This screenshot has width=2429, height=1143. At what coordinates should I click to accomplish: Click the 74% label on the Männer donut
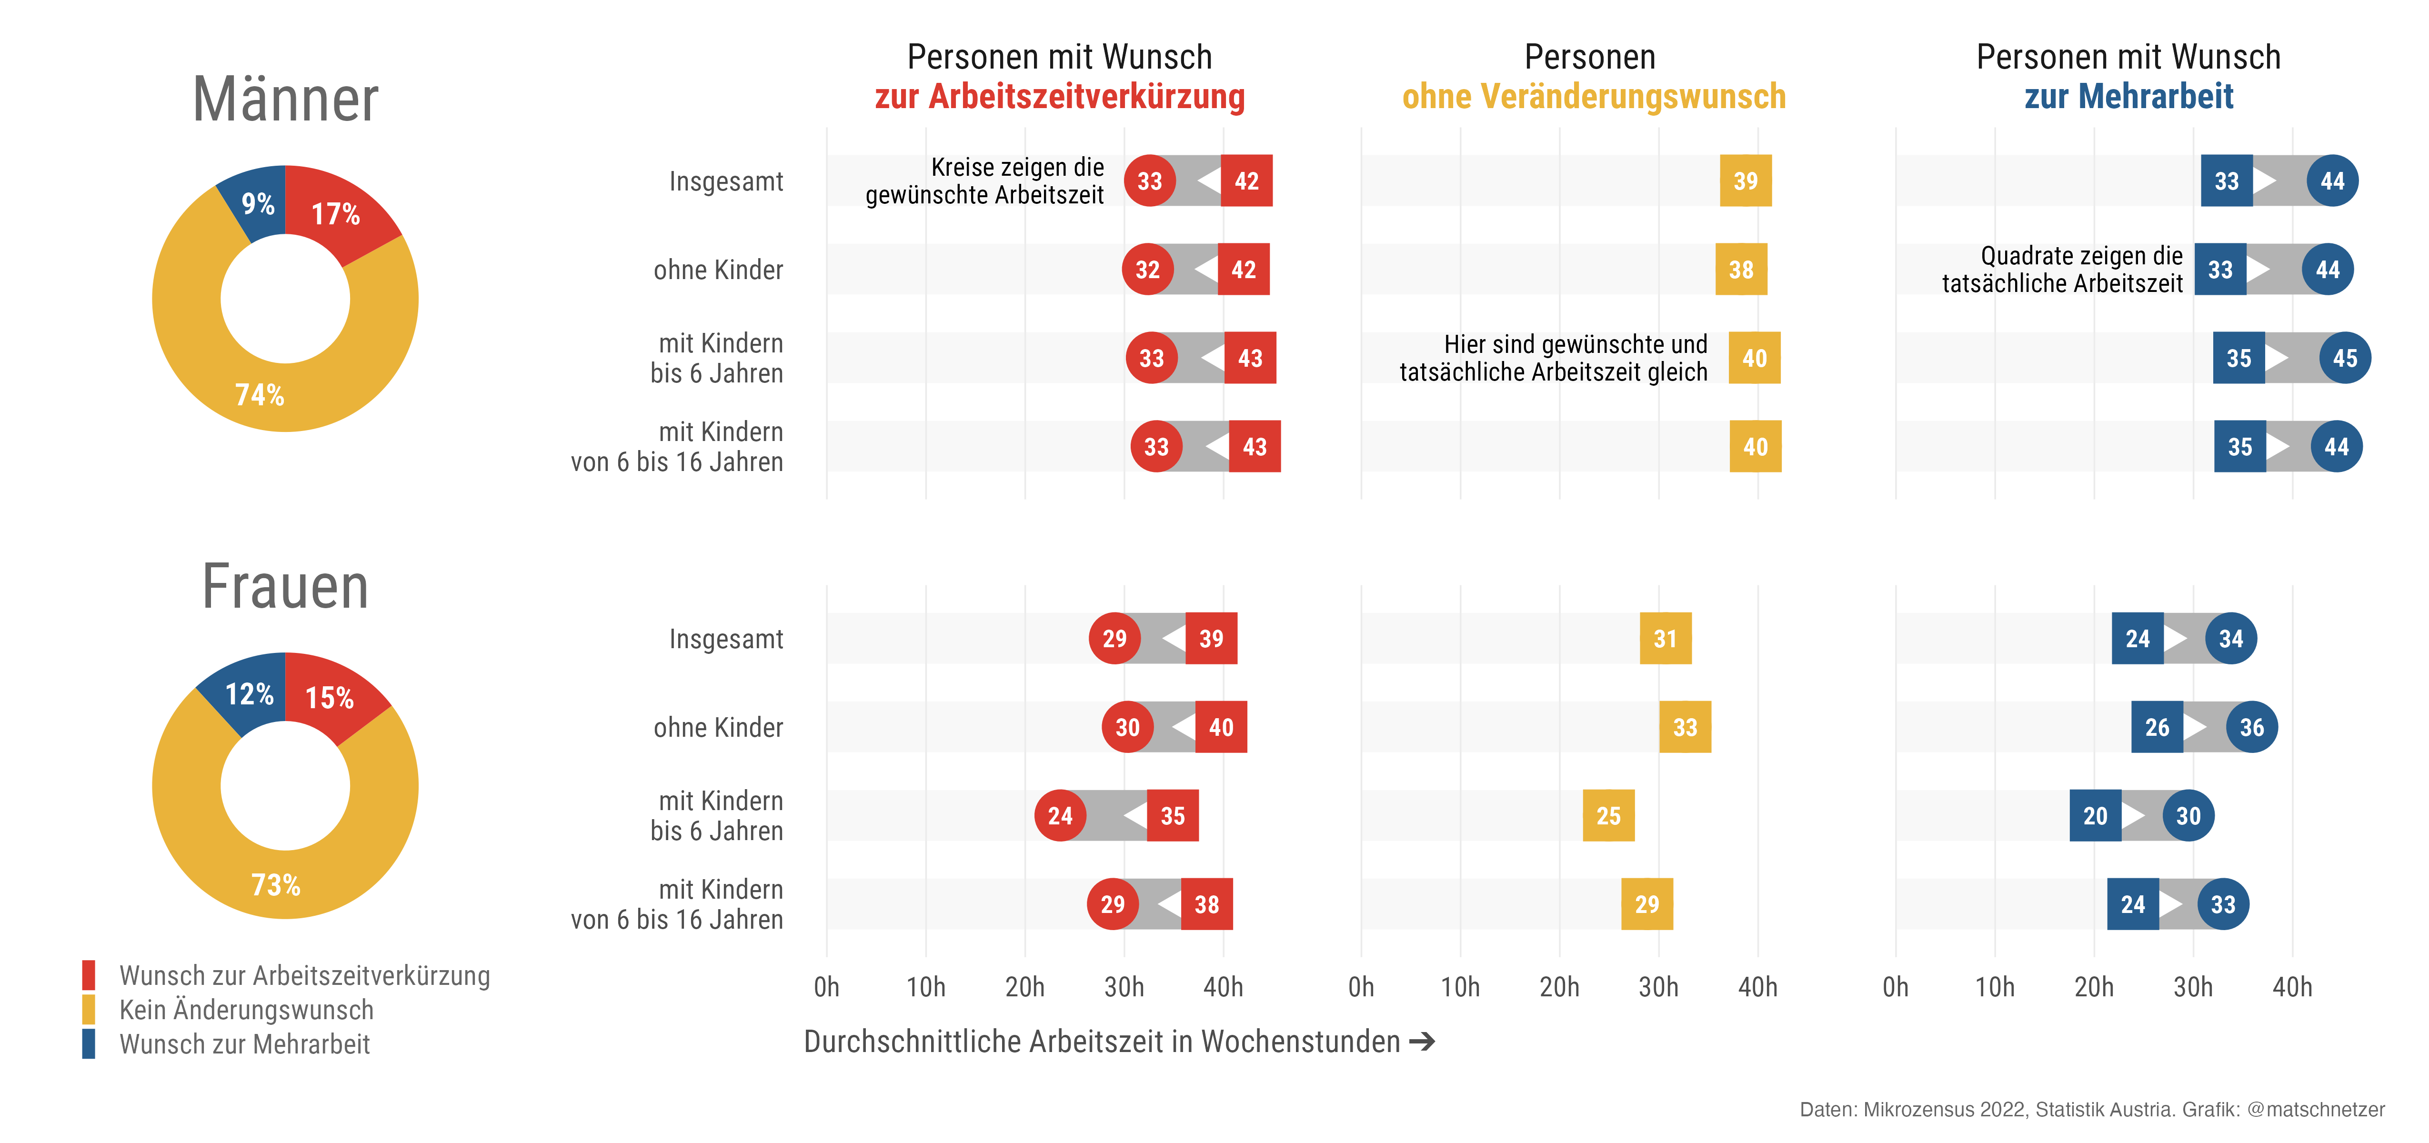pyautogui.click(x=259, y=394)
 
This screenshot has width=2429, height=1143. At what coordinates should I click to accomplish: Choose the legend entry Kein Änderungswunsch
pyautogui.click(x=246, y=1010)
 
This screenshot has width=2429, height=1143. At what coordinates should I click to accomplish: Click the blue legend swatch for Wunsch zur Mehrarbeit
pyautogui.click(x=89, y=1044)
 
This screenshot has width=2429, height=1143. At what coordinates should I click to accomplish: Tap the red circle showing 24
pyautogui.click(x=1060, y=816)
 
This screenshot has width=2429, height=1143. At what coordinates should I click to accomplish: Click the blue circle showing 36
pyautogui.click(x=2252, y=727)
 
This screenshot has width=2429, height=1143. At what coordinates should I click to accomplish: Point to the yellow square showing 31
pyautogui.click(x=1665, y=639)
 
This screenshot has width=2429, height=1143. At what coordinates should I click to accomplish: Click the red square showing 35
pyautogui.click(x=1172, y=816)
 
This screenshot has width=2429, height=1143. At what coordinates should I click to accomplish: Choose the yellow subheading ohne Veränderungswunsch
pyautogui.click(x=1594, y=96)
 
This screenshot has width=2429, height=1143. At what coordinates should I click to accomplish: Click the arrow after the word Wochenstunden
pyautogui.click(x=1422, y=1041)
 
